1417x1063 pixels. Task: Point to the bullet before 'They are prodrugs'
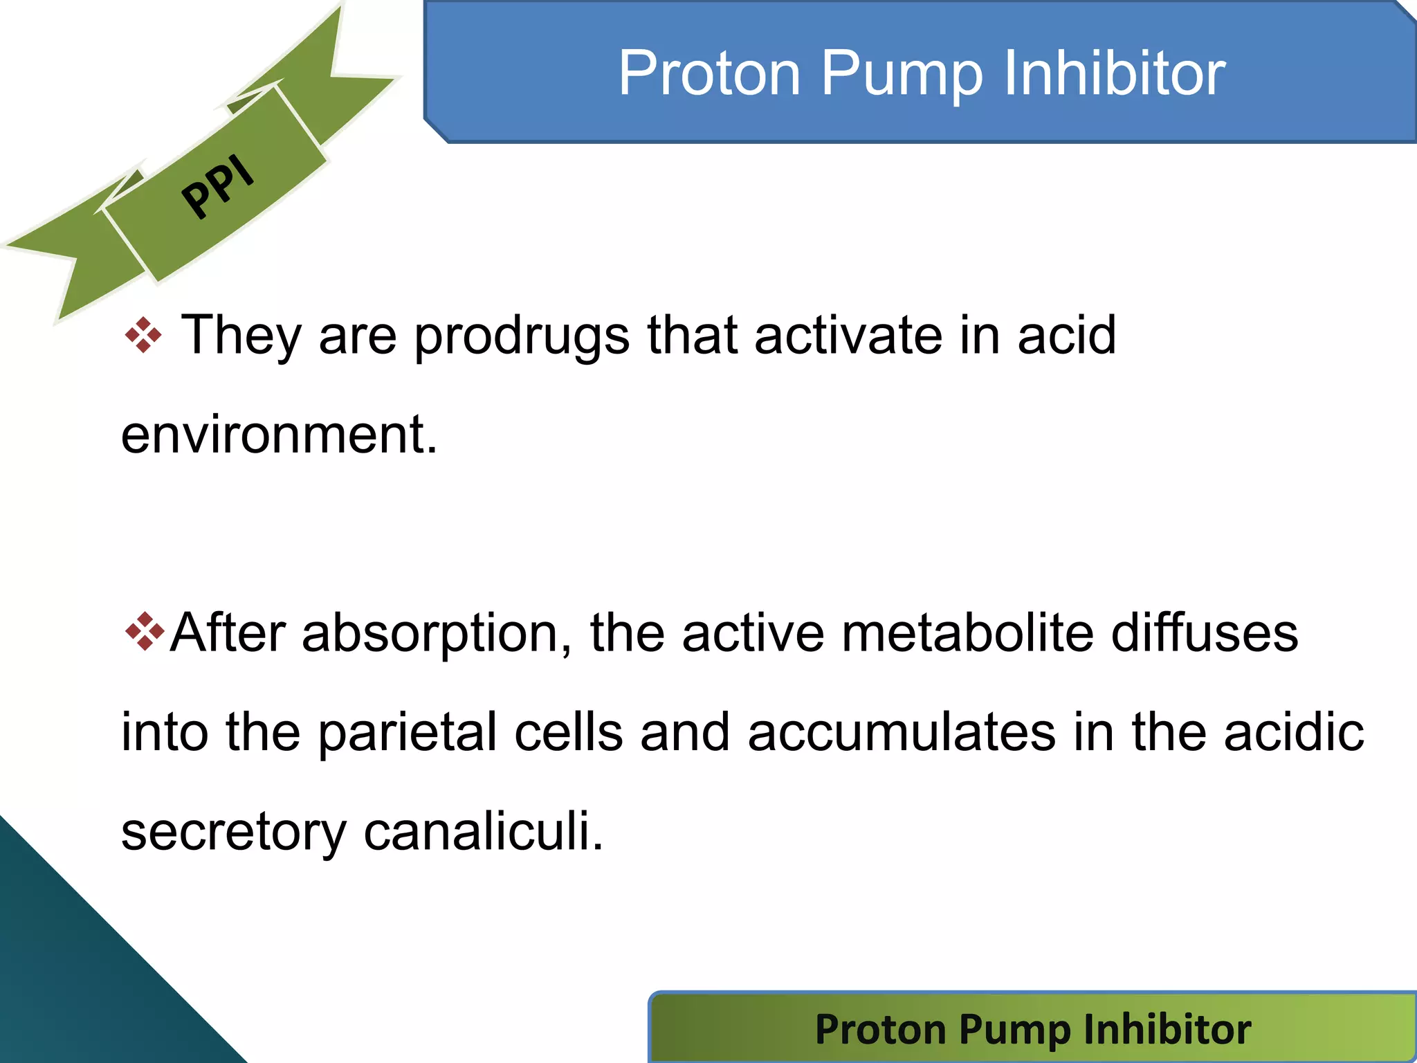[143, 336]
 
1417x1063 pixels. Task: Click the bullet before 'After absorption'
[145, 632]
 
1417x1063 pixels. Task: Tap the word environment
[279, 435]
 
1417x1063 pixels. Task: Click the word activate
[848, 336]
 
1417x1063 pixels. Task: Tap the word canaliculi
[483, 831]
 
